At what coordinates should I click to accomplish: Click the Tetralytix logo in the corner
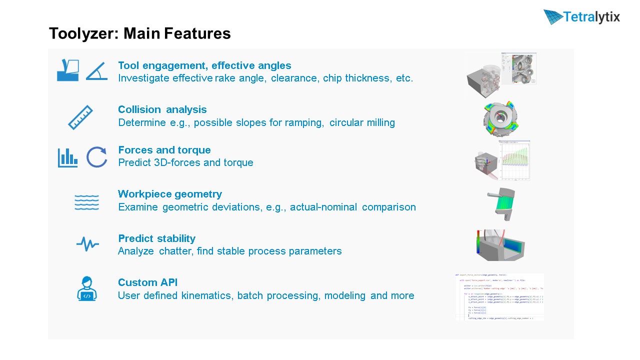click(581, 17)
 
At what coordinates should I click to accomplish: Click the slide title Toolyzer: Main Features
click(139, 33)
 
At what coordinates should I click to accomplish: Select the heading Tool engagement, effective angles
click(204, 65)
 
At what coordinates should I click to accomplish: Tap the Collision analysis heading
click(162, 109)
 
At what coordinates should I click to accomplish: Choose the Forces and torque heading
click(164, 150)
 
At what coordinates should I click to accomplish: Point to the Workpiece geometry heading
click(169, 194)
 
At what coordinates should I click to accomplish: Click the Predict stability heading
click(156, 238)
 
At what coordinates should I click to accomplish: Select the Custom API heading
click(147, 282)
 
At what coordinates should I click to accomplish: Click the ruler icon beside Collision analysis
click(80, 117)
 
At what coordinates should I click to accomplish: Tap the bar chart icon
click(67, 157)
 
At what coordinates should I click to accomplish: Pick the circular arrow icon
click(96, 157)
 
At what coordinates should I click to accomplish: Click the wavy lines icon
click(86, 202)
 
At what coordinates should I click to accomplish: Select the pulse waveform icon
click(87, 244)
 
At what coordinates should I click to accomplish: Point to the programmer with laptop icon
click(87, 288)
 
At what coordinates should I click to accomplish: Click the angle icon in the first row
click(96, 70)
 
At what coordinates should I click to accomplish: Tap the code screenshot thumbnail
click(499, 296)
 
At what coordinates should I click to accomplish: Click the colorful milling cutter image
click(498, 118)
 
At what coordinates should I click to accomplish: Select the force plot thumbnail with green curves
click(515, 160)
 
